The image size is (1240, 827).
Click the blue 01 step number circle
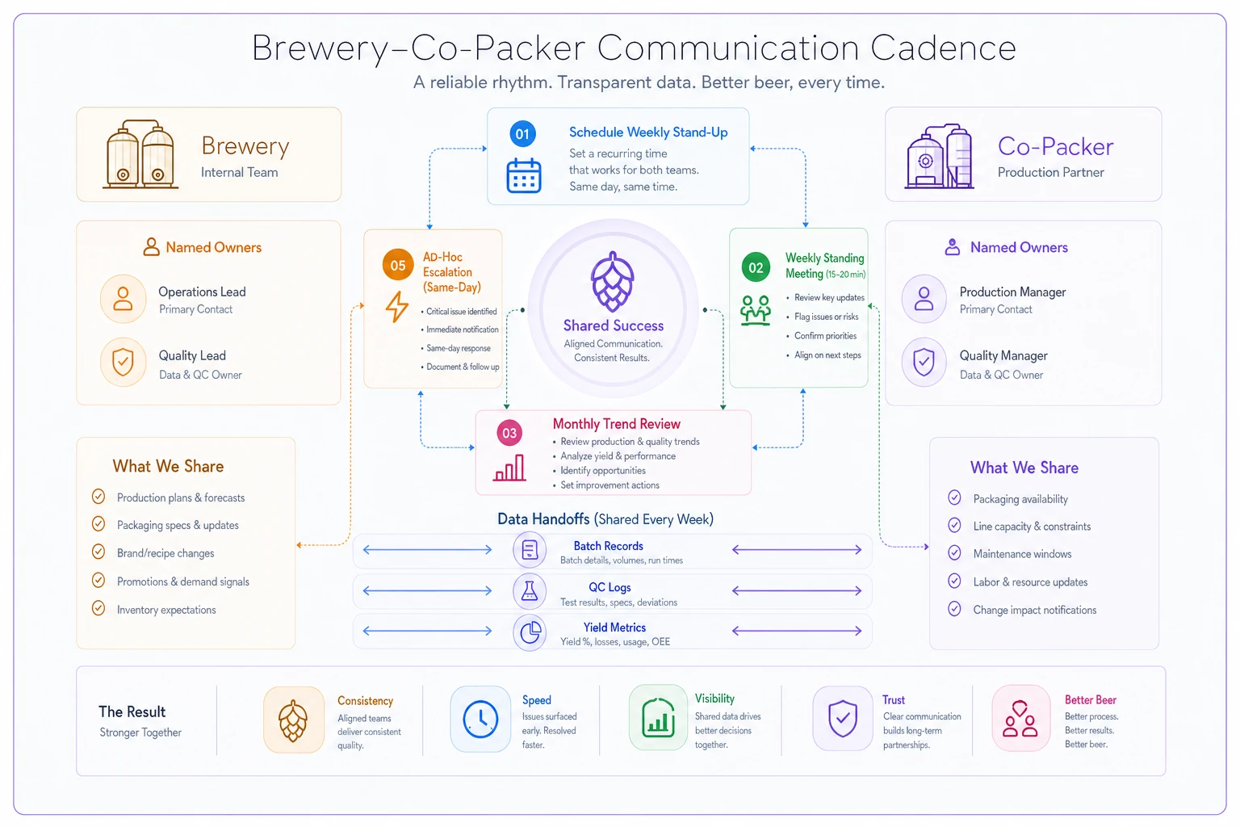[522, 133]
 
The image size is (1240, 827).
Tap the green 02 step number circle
[756, 267]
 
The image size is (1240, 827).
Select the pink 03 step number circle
[509, 433]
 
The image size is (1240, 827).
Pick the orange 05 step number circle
[397, 265]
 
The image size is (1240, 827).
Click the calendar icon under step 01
[524, 175]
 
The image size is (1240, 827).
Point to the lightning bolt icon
[397, 307]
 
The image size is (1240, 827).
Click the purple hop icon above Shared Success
[612, 281]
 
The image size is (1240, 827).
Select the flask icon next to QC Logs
[530, 591]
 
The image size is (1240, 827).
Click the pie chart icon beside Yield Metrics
[530, 632]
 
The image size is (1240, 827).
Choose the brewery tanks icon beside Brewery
[140, 154]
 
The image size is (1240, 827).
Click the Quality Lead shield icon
[123, 363]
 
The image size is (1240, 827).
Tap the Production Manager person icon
[924, 299]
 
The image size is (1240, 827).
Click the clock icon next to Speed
[480, 719]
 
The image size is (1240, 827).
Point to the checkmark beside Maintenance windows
[954, 552]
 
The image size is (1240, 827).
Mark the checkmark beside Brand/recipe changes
[98, 552]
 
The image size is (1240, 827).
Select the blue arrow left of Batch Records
[427, 549]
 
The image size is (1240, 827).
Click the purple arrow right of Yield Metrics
[797, 631]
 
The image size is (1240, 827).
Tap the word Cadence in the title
[943, 48]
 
